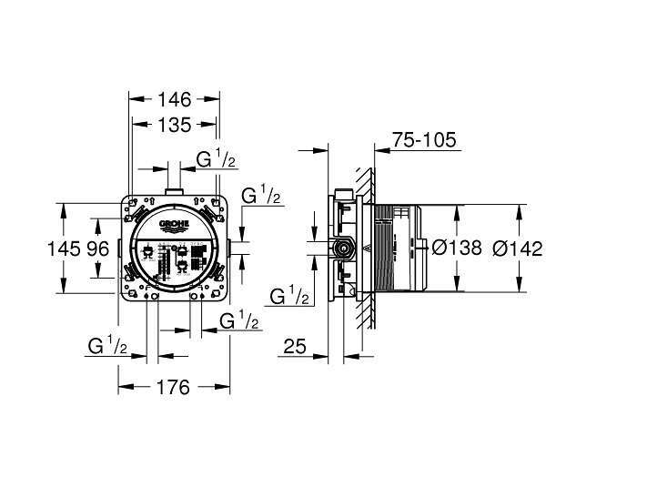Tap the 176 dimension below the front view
click(x=173, y=387)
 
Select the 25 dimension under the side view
click(x=293, y=346)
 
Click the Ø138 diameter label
click(x=456, y=248)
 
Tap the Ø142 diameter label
click(x=517, y=248)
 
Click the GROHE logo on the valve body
click(x=175, y=224)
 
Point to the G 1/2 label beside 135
click(x=217, y=160)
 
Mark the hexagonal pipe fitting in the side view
click(x=347, y=247)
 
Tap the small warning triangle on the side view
click(x=367, y=247)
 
